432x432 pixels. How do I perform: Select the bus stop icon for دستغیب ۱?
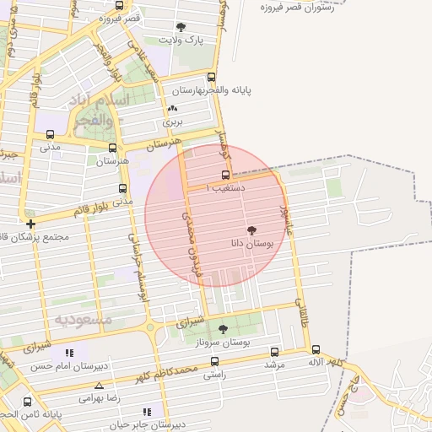pyautogui.click(x=224, y=175)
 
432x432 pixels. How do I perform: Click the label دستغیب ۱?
pyautogui.click(x=225, y=187)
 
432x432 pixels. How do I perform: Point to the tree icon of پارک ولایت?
pyautogui.click(x=182, y=27)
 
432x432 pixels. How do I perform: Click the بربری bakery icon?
pyautogui.click(x=173, y=109)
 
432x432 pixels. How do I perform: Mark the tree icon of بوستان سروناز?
pyautogui.click(x=223, y=329)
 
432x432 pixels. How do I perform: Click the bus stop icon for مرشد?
pyautogui.click(x=274, y=352)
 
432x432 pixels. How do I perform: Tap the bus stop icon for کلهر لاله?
pyautogui.click(x=316, y=349)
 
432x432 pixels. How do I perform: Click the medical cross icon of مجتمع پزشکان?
pyautogui.click(x=31, y=224)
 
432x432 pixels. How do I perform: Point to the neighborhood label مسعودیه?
pyautogui.click(x=84, y=319)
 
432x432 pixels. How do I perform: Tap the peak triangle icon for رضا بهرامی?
pyautogui.click(x=100, y=386)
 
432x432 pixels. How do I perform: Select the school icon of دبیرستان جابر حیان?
pyautogui.click(x=148, y=412)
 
